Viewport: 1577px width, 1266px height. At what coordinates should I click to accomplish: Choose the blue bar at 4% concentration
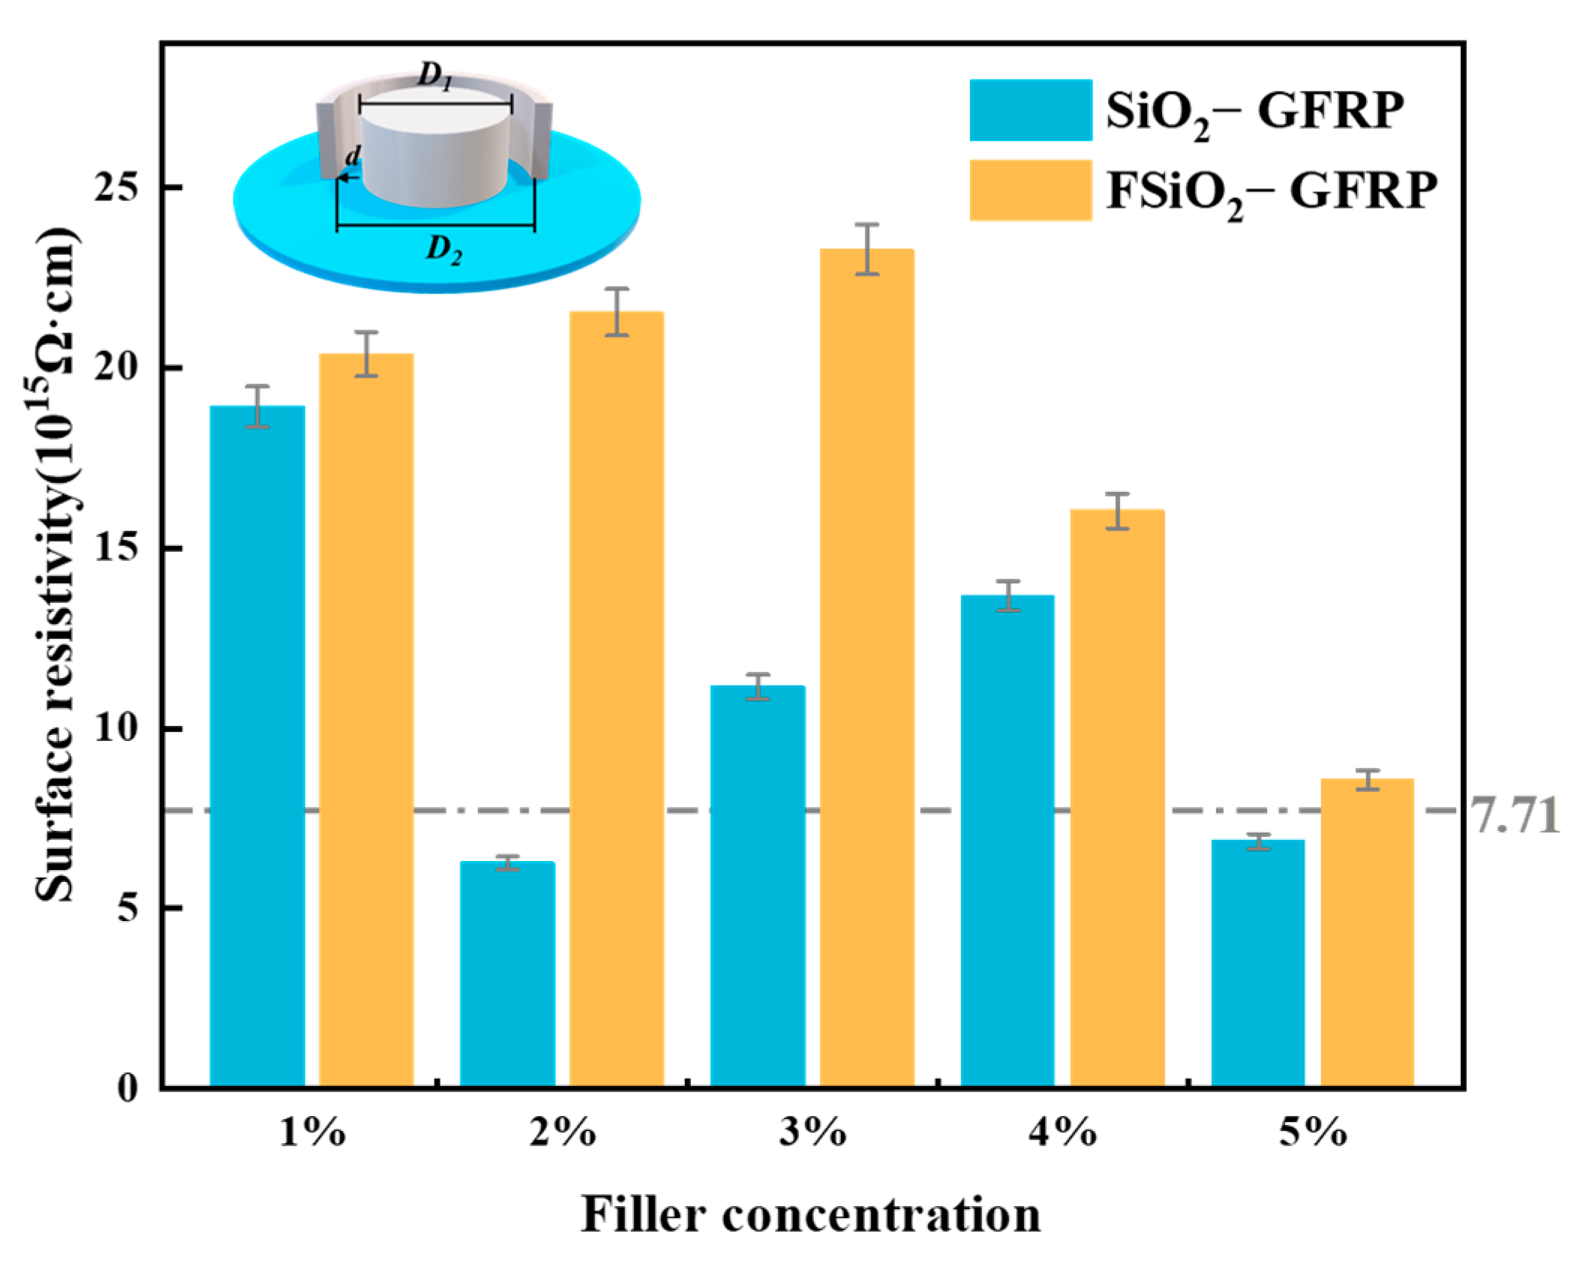tap(1008, 840)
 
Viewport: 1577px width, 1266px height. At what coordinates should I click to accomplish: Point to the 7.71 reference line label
tap(1513, 815)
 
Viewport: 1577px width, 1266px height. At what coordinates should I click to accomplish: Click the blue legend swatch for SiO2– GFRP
tap(1030, 110)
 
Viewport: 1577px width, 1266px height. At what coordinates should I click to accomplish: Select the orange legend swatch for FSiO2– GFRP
tap(1030, 190)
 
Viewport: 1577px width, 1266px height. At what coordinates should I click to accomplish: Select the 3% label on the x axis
tap(813, 1132)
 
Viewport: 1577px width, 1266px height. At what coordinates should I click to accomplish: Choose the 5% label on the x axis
tap(1313, 1132)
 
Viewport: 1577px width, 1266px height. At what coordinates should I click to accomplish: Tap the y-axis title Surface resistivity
tap(56, 562)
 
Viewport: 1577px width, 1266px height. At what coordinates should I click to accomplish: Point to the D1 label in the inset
tap(435, 76)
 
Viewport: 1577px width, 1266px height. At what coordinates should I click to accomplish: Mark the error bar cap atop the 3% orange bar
tap(867, 224)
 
